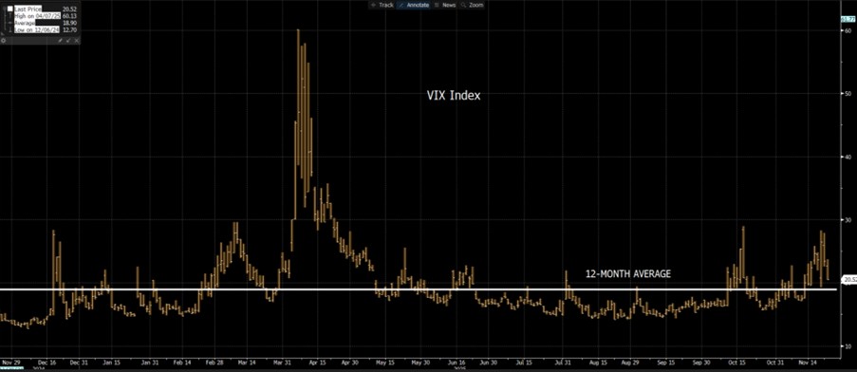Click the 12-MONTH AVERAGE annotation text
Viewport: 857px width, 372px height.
(x=628, y=273)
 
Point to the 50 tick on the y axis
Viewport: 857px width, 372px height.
(x=847, y=93)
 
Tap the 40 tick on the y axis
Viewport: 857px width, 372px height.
(x=847, y=157)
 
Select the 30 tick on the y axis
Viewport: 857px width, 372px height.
(x=847, y=219)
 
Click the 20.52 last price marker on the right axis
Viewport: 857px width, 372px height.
(x=848, y=280)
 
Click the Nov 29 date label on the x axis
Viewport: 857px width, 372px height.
(x=11, y=363)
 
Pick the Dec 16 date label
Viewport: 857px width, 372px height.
(x=47, y=363)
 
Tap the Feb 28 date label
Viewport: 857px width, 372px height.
(x=214, y=363)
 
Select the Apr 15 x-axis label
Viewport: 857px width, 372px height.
(x=318, y=363)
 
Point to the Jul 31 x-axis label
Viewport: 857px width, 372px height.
(x=564, y=363)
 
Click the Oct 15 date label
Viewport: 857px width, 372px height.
(x=737, y=363)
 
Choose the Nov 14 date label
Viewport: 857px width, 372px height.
(x=808, y=363)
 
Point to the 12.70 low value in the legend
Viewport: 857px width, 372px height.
(x=70, y=30)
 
